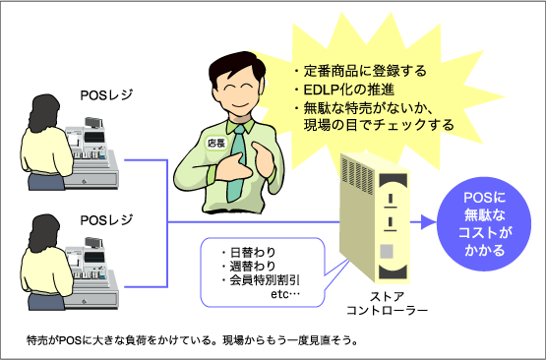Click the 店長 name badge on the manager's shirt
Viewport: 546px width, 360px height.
[x=215, y=143]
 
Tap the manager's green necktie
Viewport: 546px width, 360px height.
[x=238, y=163]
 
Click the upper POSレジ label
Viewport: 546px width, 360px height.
[x=106, y=95]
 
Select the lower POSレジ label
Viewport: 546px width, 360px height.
[x=106, y=219]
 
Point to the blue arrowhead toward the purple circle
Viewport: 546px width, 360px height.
[x=428, y=221]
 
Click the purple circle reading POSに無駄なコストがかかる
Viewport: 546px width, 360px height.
[x=484, y=224]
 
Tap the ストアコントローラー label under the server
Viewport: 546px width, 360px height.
[x=387, y=303]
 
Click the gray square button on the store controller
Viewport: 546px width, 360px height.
[x=387, y=251]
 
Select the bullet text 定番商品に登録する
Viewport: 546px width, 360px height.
[x=365, y=71]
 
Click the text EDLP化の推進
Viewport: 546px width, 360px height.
[x=349, y=90]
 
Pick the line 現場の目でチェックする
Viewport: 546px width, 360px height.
[x=379, y=124]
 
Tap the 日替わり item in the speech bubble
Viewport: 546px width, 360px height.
[x=253, y=252]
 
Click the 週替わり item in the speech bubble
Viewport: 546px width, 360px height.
[x=253, y=266]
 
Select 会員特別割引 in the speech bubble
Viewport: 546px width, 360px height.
[x=265, y=280]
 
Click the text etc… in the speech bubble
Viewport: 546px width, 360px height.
[x=285, y=294]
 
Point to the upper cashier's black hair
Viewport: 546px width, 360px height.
[x=44, y=112]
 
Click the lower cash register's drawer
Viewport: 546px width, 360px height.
[x=91, y=298]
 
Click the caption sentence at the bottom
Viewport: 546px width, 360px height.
[x=192, y=339]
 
